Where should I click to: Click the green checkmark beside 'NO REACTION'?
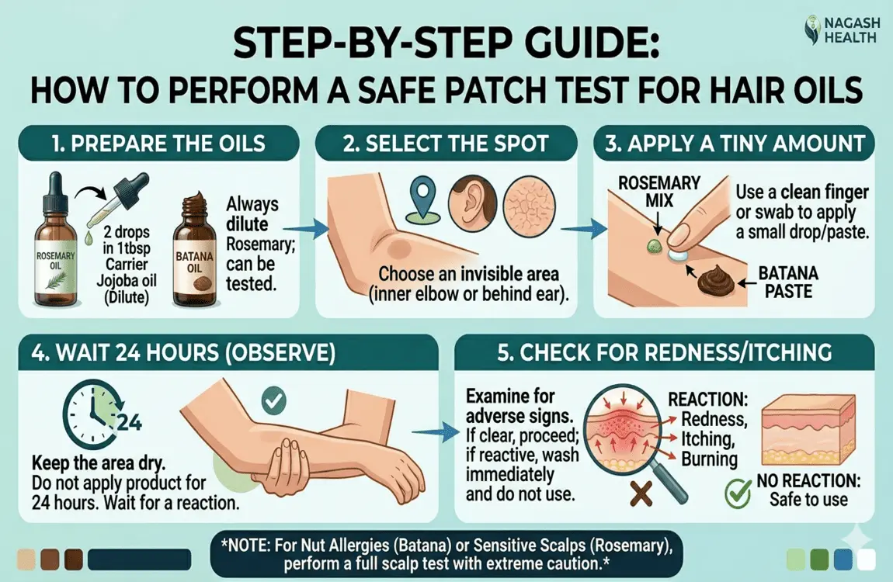coord(735,491)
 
